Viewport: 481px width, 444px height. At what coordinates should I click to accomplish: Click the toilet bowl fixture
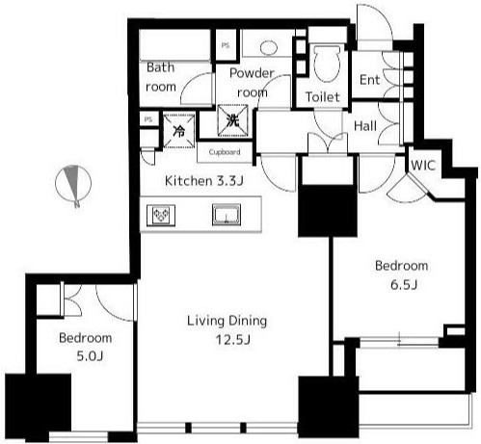pos(327,63)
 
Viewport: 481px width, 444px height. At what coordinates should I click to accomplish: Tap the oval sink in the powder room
pos(268,48)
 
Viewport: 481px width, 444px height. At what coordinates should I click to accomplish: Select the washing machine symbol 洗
pos(232,120)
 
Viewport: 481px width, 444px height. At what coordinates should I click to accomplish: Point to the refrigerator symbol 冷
pos(179,131)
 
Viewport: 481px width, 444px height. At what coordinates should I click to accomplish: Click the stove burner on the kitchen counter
pos(161,215)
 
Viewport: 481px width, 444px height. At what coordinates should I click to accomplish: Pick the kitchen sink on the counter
pos(227,214)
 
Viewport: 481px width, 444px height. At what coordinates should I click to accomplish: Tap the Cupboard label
pos(225,152)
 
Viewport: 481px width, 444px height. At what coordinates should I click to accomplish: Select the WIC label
pos(423,166)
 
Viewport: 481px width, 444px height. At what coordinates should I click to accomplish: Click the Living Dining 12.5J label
pos(227,329)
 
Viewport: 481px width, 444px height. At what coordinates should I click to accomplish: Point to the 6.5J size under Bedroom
pos(404,285)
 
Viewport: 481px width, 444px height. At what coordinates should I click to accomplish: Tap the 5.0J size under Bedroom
pos(90,356)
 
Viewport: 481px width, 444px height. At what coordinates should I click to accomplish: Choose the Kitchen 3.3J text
pos(204,181)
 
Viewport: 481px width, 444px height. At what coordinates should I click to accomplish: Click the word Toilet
pos(323,97)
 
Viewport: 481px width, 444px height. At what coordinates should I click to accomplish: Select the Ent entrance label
pos(369,80)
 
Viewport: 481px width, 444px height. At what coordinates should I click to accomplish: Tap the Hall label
pos(365,126)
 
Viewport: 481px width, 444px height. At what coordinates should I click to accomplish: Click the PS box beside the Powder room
pos(226,45)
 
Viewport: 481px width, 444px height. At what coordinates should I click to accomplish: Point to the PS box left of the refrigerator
pos(148,119)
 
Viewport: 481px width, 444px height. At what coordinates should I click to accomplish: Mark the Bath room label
pos(161,77)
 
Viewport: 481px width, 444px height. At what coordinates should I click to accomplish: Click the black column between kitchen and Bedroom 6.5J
pos(328,211)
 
